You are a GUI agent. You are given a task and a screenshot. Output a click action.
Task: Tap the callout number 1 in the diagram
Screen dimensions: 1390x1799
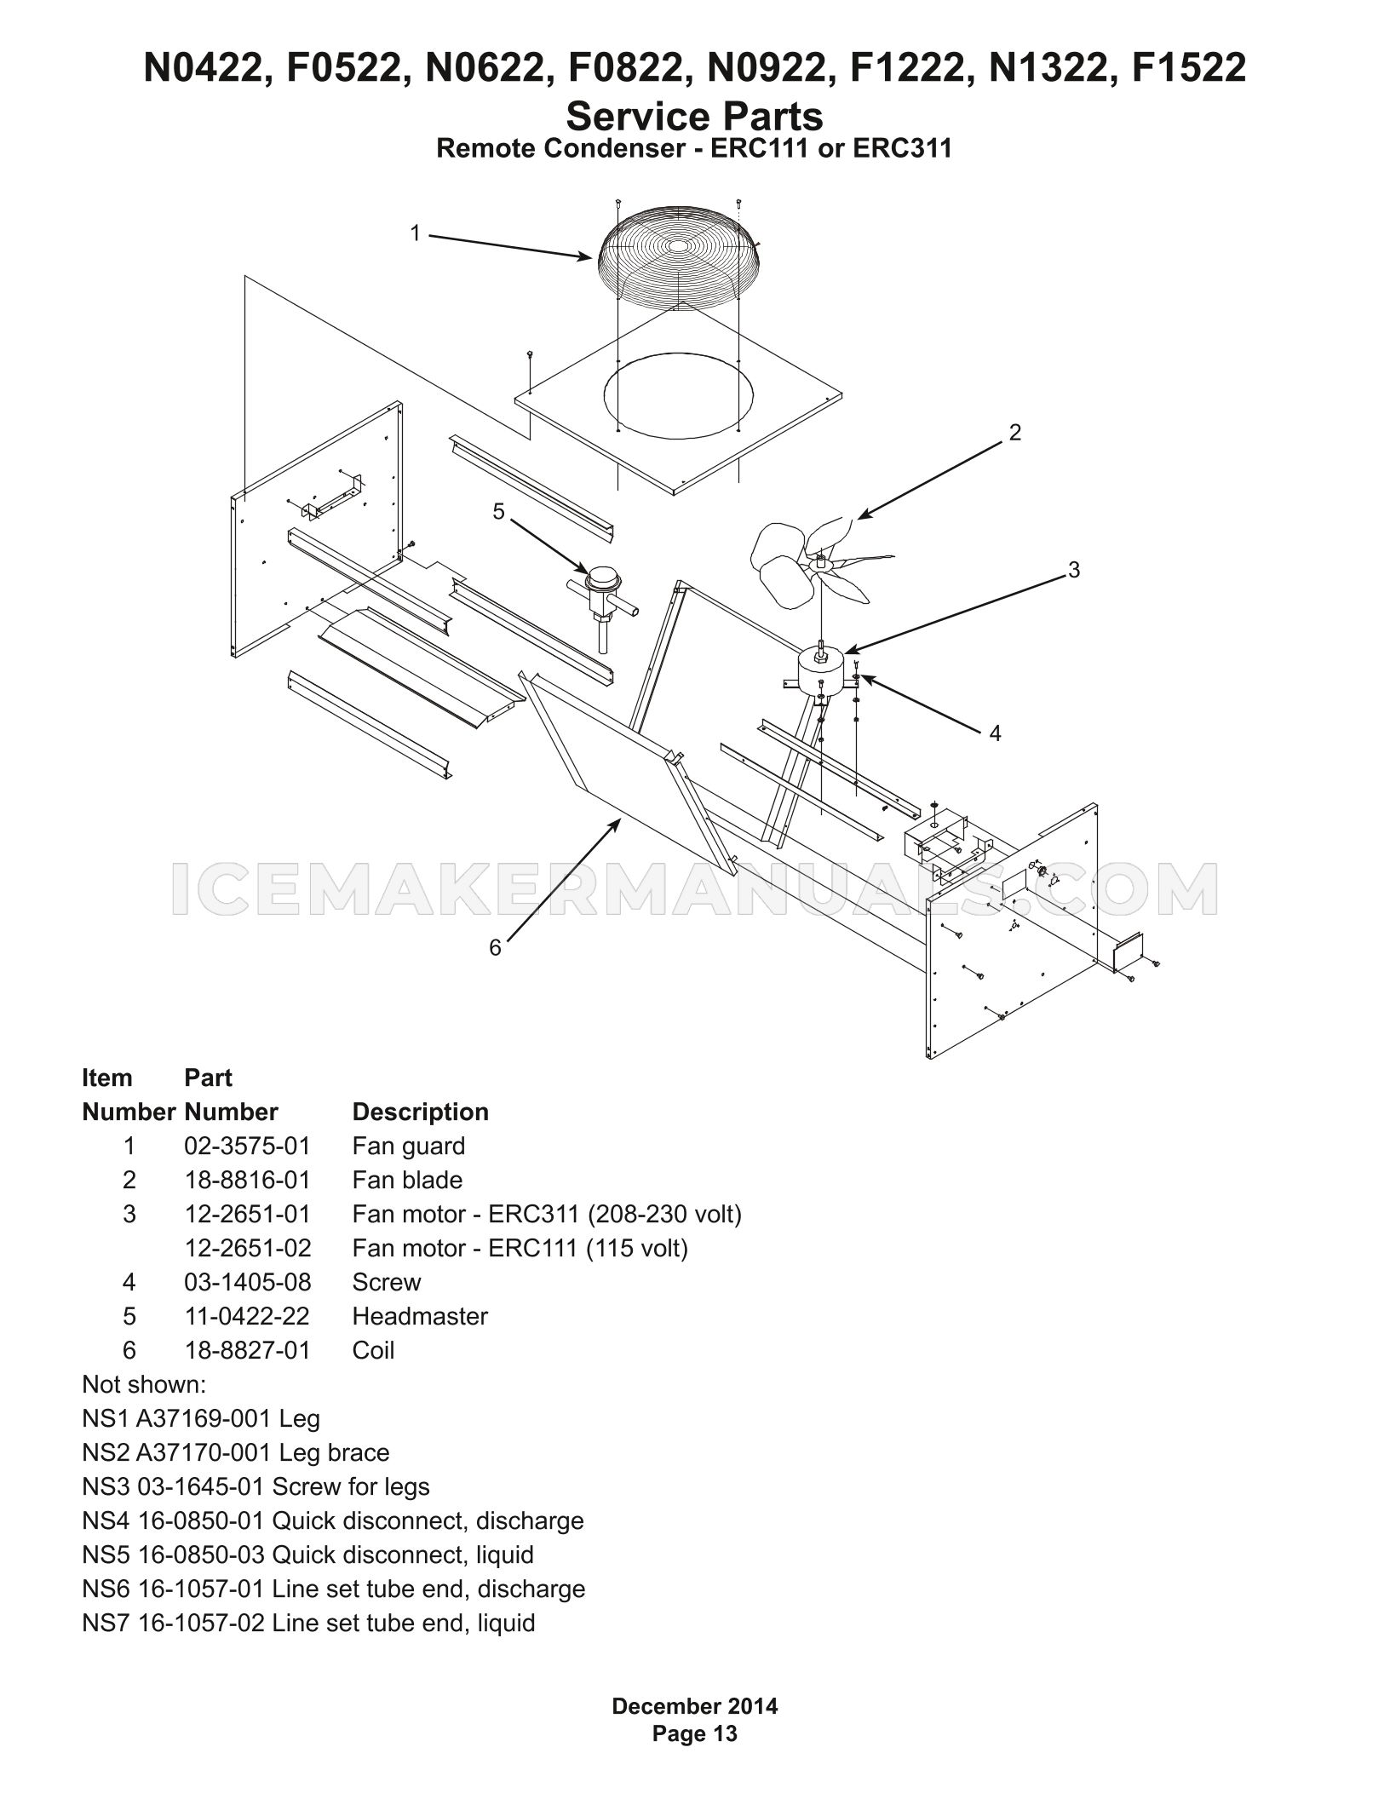416,233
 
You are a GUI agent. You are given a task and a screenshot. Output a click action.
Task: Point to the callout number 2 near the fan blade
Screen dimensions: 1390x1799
1014,433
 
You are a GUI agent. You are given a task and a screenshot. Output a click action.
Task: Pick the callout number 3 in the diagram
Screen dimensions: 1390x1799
1074,571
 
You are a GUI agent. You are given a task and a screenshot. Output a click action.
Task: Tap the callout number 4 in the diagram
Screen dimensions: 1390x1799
995,733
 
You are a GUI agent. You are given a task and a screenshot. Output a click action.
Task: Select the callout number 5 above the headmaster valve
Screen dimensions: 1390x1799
499,511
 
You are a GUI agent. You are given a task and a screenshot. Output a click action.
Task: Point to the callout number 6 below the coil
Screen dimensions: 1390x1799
496,947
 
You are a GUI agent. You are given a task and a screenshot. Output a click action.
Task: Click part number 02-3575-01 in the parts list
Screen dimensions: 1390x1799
247,1146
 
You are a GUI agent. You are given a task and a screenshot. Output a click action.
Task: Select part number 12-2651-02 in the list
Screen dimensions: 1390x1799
248,1248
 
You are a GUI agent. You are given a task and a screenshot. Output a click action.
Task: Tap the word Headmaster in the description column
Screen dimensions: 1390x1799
420,1316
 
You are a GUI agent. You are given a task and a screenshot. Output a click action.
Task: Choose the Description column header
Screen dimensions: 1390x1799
421,1112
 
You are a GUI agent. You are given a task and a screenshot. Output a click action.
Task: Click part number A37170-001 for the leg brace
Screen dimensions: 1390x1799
204,1452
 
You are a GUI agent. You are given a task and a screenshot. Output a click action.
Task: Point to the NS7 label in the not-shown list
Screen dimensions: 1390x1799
105,1623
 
